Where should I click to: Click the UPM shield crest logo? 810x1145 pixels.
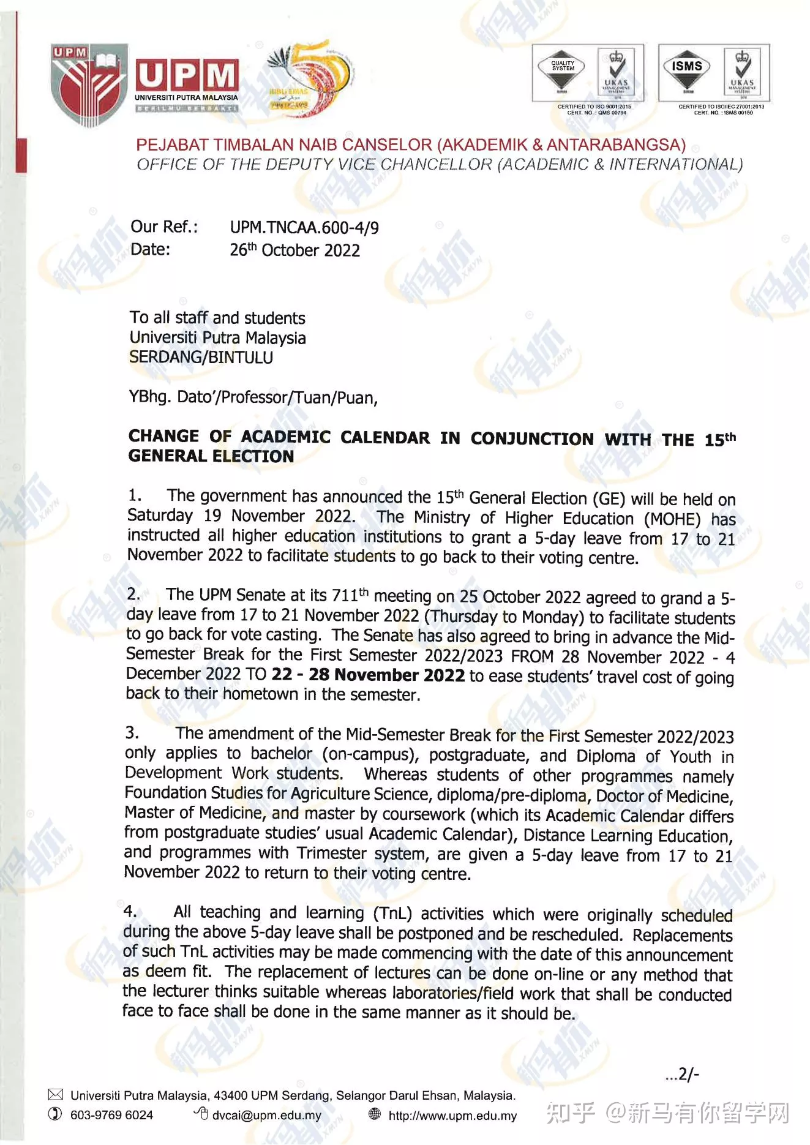point(89,84)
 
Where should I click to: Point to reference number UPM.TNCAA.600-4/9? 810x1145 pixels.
point(304,228)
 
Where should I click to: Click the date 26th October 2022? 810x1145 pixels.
point(294,250)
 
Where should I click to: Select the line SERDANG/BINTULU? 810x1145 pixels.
point(201,358)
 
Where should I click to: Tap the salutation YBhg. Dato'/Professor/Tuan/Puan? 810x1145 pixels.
point(253,397)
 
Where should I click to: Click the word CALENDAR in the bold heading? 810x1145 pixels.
point(385,438)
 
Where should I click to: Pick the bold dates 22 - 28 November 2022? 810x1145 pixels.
point(368,675)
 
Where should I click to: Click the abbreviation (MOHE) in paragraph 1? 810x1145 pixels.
point(672,519)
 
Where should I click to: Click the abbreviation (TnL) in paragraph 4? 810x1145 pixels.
point(392,913)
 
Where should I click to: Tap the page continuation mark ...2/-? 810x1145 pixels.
point(682,1075)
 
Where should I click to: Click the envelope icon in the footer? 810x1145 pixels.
point(55,1095)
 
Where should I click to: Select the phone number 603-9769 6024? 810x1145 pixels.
point(111,1115)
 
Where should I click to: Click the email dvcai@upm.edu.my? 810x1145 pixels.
point(266,1115)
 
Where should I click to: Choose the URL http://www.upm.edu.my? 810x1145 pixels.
point(452,1116)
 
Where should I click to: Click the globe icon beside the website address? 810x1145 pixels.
point(375,1114)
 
